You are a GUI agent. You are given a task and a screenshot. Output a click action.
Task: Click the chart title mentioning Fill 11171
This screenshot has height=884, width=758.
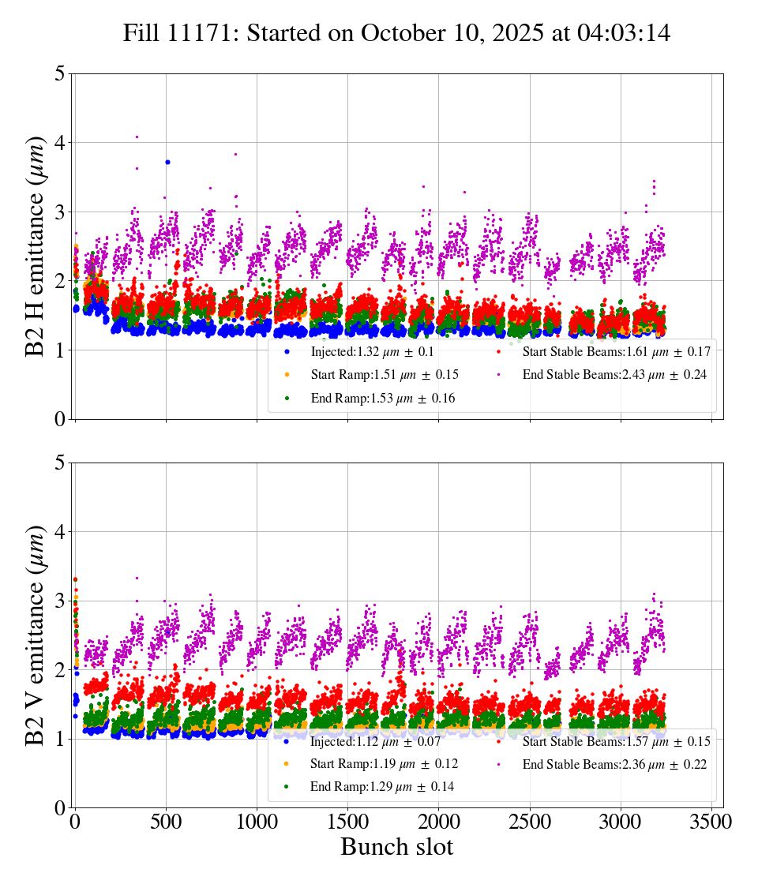click(x=396, y=33)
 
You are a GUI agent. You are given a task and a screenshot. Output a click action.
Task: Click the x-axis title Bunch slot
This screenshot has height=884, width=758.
click(x=396, y=848)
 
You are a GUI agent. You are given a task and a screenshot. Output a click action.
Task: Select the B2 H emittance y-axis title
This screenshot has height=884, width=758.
click(x=36, y=246)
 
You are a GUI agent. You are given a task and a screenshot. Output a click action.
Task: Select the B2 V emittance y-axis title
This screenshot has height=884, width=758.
click(x=36, y=635)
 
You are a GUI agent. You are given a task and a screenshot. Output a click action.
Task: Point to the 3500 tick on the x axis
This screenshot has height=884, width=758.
click(x=711, y=822)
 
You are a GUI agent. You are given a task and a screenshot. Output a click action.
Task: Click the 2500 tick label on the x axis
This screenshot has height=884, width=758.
click(x=530, y=822)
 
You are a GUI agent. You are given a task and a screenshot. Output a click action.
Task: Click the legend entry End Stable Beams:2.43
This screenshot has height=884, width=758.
click(x=616, y=375)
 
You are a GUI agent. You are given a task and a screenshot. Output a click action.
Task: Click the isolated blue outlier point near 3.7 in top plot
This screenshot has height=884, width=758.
click(x=167, y=162)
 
